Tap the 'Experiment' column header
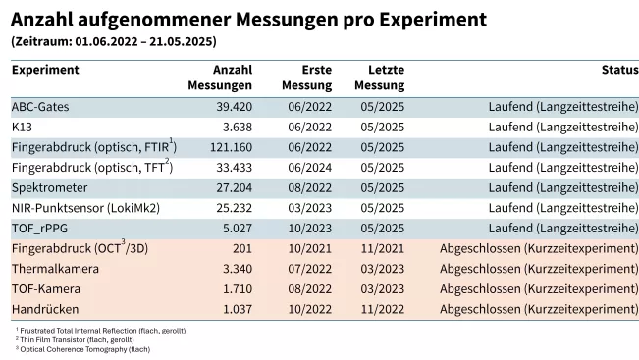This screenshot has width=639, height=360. pos(45,70)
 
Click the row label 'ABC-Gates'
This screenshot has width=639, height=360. pos(40,106)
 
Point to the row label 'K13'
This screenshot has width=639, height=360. pos(22,127)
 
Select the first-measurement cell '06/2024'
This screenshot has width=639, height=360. pos(310,167)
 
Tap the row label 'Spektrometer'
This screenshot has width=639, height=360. pos(50,187)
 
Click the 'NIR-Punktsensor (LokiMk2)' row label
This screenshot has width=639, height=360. pos(85,208)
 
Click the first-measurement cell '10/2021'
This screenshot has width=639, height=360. pos(310,249)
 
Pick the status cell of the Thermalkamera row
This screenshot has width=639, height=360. pos(539,269)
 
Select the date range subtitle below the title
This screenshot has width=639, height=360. pos(114,42)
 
